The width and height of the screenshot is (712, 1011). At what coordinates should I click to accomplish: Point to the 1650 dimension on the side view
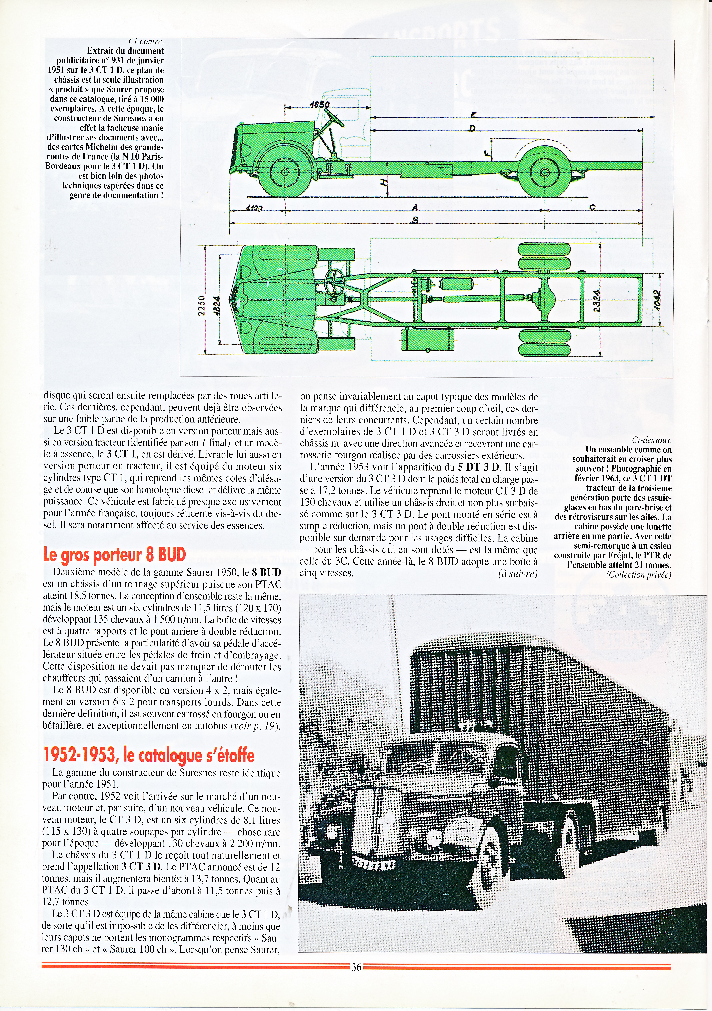[x=320, y=104]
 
